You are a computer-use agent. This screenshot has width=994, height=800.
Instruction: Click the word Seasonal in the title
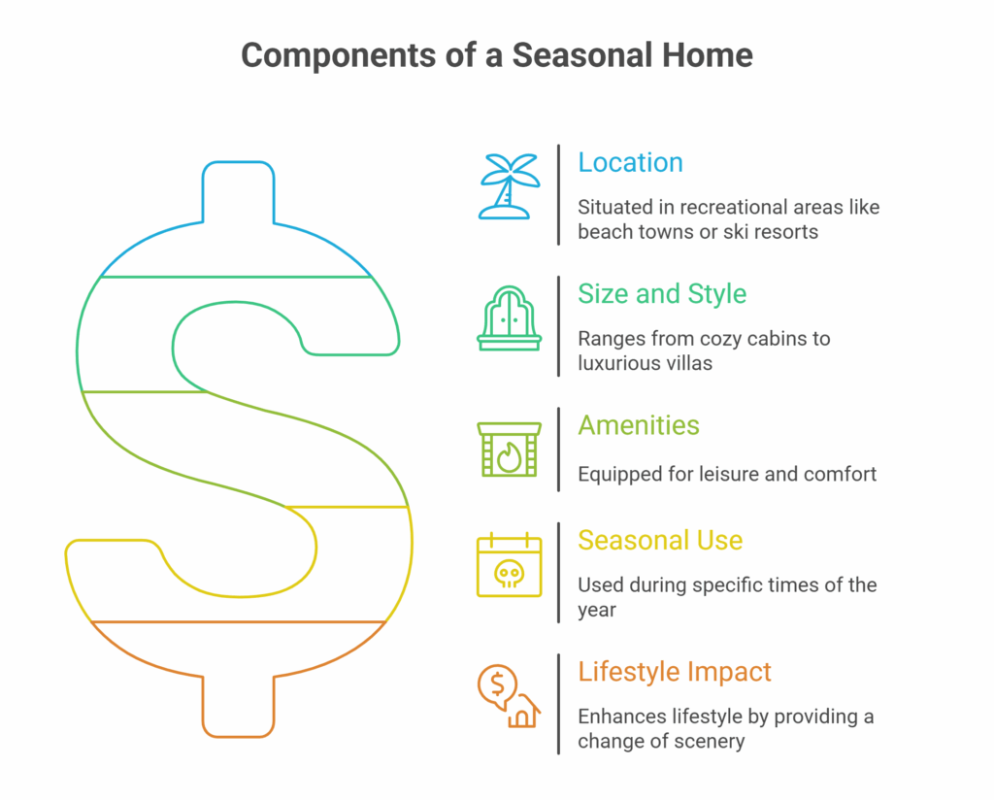coord(582,55)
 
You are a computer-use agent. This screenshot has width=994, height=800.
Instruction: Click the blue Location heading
coord(630,163)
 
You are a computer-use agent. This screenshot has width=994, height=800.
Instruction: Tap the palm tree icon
coord(509,186)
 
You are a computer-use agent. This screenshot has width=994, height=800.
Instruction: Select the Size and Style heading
coord(662,294)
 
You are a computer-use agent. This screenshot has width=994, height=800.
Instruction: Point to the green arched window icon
coord(509,318)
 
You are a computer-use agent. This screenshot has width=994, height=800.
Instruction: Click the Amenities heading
coord(639,425)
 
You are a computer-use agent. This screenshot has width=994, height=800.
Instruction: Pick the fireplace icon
coord(509,450)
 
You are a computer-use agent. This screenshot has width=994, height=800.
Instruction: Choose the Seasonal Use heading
coord(660,540)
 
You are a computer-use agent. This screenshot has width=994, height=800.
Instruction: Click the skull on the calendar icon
coord(509,575)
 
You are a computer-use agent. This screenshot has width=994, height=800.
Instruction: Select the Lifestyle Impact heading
coord(675,672)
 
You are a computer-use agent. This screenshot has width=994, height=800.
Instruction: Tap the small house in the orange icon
coord(523,712)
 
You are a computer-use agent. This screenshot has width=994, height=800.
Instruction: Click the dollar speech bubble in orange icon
coord(497,686)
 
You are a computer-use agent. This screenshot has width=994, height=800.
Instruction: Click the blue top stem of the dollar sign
coord(239,192)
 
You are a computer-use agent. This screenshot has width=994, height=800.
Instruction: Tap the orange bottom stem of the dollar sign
coord(239,707)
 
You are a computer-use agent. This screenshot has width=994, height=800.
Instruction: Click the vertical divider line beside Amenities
coord(558,450)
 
